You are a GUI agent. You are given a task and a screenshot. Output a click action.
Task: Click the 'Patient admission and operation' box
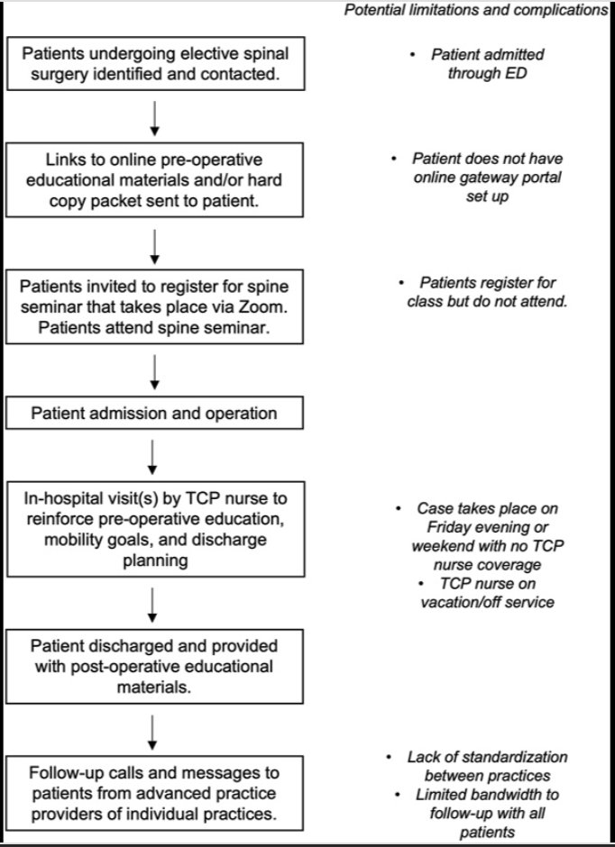click(153, 414)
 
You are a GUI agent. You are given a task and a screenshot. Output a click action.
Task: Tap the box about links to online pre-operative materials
click(153, 178)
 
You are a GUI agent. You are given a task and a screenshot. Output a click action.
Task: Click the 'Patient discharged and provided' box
click(153, 665)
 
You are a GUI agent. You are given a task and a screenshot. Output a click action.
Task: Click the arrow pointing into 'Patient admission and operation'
click(153, 369)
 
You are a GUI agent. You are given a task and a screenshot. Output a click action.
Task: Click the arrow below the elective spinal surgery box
click(153, 115)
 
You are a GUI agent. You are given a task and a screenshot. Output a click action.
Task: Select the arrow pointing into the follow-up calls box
click(153, 731)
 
